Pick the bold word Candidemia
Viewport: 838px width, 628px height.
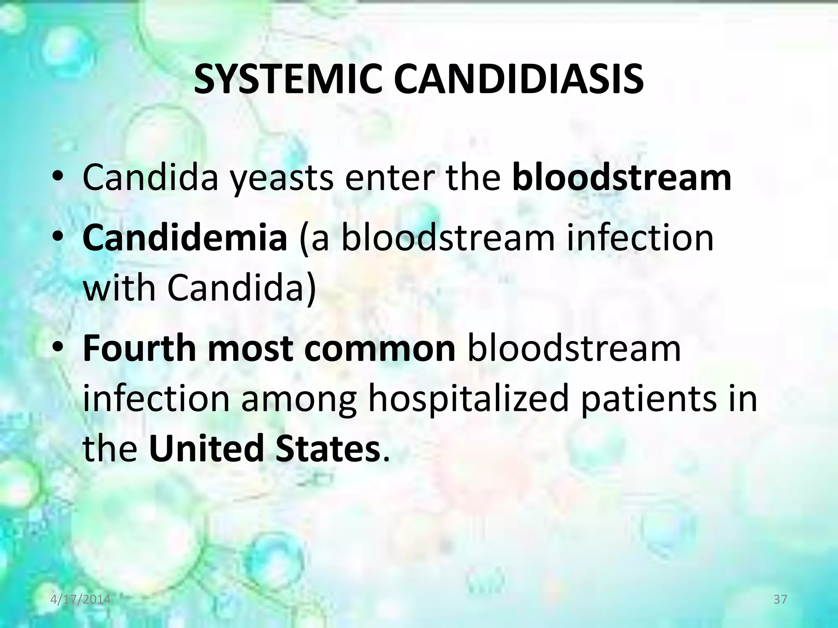pyautogui.click(x=185, y=238)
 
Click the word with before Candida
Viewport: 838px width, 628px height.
pyautogui.click(x=119, y=287)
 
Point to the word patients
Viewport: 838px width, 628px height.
pyautogui.click(x=648, y=399)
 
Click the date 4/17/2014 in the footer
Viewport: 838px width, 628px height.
pyautogui.click(x=81, y=599)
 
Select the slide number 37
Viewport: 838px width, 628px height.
pyautogui.click(x=781, y=599)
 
